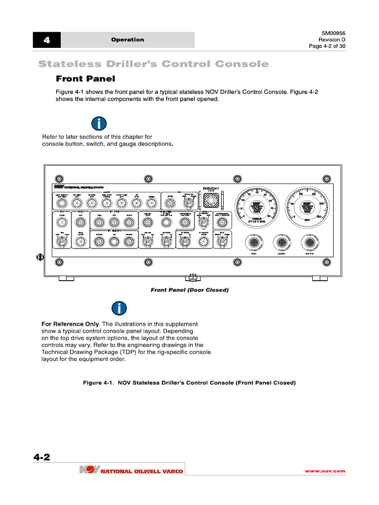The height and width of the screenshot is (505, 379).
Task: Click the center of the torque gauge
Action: point(257,207)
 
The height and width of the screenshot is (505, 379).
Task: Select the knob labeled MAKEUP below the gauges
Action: point(282,243)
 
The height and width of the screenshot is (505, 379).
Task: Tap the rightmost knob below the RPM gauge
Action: point(310,243)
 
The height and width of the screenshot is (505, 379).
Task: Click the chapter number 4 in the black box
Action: point(46,40)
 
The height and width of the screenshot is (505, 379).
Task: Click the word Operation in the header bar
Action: point(128,40)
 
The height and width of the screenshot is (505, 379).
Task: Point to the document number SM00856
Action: point(334,33)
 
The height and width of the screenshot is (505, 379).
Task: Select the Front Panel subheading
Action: point(85,78)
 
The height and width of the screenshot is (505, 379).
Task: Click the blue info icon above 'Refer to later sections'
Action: point(99,124)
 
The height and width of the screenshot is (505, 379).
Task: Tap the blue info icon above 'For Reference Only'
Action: point(119,308)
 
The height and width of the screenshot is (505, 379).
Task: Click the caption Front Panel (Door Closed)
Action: point(189,290)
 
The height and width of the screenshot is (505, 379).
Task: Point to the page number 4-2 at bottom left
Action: point(42,457)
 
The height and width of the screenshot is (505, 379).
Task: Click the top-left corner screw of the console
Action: point(59,179)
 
